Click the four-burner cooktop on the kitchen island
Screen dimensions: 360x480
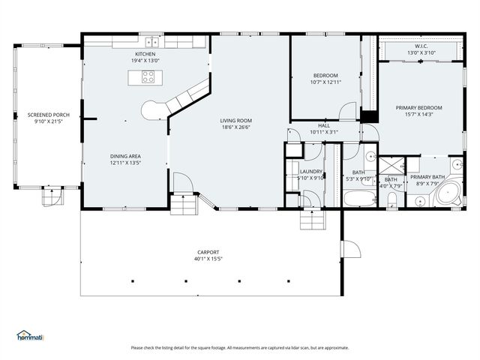tap(148, 76)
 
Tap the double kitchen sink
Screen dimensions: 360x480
tap(151, 43)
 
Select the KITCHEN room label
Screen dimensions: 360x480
tap(145, 54)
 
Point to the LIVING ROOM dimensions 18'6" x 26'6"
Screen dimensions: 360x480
tap(235, 127)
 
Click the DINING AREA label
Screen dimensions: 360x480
tap(125, 156)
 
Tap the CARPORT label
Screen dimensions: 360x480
tap(208, 253)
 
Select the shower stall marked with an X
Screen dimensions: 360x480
tap(390, 164)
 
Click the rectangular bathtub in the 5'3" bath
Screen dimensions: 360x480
tap(358, 199)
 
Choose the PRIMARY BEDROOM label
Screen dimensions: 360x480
tap(418, 107)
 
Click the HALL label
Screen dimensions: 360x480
tap(323, 126)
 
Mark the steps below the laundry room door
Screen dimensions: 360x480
tap(311, 219)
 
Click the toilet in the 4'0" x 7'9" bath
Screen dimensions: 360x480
tap(392, 199)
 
